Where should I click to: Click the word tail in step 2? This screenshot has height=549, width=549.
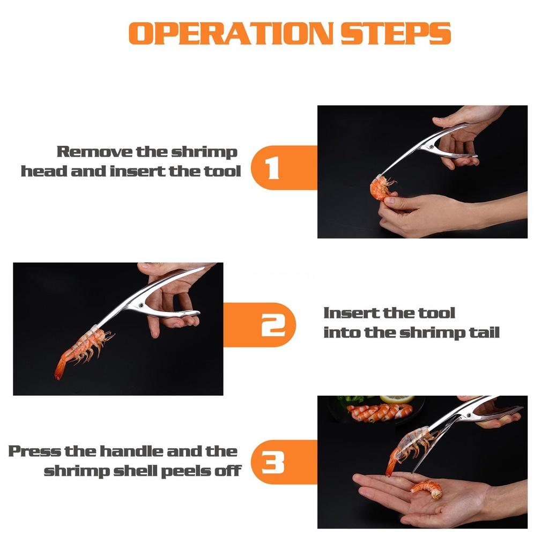click(483, 332)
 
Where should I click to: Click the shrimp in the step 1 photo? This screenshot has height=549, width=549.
click(381, 189)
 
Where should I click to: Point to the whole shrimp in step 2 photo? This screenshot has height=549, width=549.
click(85, 348)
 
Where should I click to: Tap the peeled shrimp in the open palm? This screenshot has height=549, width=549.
click(427, 488)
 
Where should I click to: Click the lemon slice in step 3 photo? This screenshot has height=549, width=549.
click(397, 399)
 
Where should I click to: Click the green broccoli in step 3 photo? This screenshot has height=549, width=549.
click(351, 400)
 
